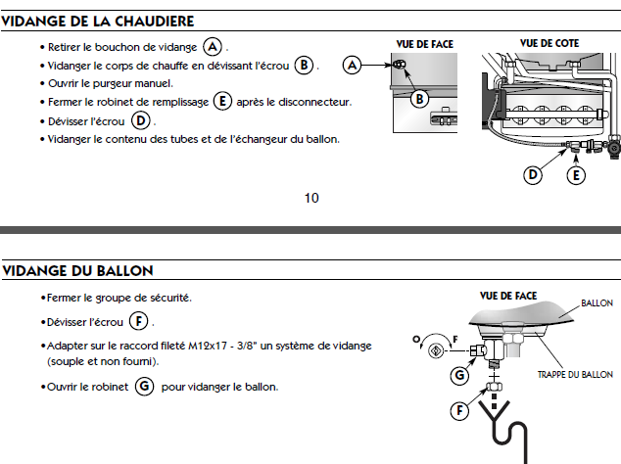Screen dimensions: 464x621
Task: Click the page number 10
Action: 311,198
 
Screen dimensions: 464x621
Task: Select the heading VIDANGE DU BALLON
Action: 77,269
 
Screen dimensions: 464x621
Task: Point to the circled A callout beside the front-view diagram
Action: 355,65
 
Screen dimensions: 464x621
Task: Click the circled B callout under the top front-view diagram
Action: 419,98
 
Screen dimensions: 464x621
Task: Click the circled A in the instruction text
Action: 213,47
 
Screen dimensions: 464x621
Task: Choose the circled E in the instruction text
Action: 222,102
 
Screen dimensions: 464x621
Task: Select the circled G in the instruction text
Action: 144,387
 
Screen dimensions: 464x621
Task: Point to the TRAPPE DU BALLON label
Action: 575,375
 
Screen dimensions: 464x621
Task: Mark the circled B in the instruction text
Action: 304,65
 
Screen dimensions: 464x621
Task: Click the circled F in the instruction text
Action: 140,321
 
